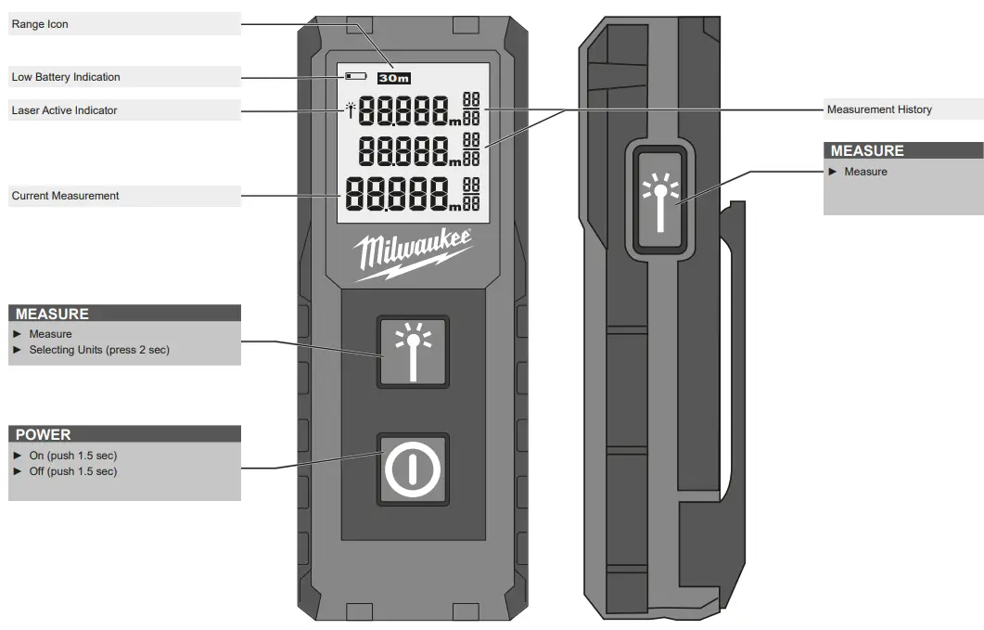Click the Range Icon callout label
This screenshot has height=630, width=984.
pyautogui.click(x=40, y=24)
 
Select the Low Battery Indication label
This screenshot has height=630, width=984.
pyautogui.click(x=66, y=77)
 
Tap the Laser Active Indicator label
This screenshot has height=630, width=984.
pyautogui.click(x=65, y=110)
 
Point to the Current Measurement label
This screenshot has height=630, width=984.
pyautogui.click(x=65, y=196)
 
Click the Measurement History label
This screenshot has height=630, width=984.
pyautogui.click(x=879, y=109)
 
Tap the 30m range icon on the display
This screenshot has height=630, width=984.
pyautogui.click(x=394, y=78)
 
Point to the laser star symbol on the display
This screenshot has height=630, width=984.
pyautogui.click(x=350, y=109)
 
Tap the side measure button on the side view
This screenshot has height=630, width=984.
pyautogui.click(x=659, y=199)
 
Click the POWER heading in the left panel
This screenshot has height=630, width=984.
pyautogui.click(x=44, y=434)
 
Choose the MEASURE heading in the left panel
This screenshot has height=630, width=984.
pyautogui.click(x=52, y=314)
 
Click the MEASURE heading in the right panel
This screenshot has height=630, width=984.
pyautogui.click(x=867, y=150)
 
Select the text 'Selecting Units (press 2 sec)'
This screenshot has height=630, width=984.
pyautogui.click(x=99, y=350)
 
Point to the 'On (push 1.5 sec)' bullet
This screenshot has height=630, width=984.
pyautogui.click(x=73, y=456)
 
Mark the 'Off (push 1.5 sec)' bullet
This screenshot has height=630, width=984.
pyautogui.click(x=73, y=471)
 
